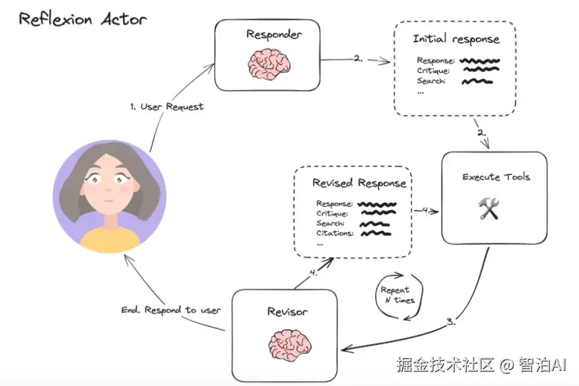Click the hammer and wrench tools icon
[488, 209]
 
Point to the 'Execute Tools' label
[496, 177]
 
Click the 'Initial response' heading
[456, 39]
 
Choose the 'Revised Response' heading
[359, 183]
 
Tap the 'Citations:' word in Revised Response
[335, 233]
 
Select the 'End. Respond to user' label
[171, 310]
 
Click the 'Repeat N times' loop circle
[395, 295]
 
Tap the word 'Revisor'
[287, 312]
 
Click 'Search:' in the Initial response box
[431, 81]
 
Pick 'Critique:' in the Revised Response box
[333, 213]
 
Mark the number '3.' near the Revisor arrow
[451, 322]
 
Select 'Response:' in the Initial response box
[435, 61]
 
